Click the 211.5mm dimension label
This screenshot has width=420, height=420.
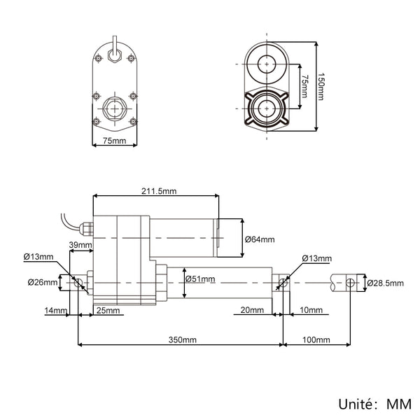[x=159, y=191]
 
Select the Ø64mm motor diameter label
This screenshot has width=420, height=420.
[x=260, y=239]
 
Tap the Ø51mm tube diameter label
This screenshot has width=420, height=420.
[x=200, y=279]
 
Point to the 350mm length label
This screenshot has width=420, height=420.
[x=183, y=340]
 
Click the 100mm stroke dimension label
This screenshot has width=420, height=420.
[x=316, y=340]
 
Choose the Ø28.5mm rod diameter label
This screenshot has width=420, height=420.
[x=385, y=283]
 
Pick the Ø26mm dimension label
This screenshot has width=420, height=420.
[x=43, y=282]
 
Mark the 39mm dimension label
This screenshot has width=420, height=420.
[x=80, y=245]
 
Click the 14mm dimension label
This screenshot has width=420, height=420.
[x=56, y=310]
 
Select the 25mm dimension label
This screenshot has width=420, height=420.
[x=108, y=310]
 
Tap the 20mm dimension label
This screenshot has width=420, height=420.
[x=252, y=310]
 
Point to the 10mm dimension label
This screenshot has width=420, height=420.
[x=311, y=310]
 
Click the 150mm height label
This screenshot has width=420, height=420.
[x=321, y=87]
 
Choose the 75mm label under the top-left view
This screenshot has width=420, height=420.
[x=114, y=141]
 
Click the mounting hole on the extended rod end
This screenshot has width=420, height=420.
[x=350, y=282]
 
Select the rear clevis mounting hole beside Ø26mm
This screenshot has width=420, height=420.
[x=78, y=282]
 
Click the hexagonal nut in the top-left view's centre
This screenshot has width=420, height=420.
[x=115, y=108]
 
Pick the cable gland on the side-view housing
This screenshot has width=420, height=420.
[x=86, y=228]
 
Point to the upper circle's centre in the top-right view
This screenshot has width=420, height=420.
[x=267, y=64]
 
